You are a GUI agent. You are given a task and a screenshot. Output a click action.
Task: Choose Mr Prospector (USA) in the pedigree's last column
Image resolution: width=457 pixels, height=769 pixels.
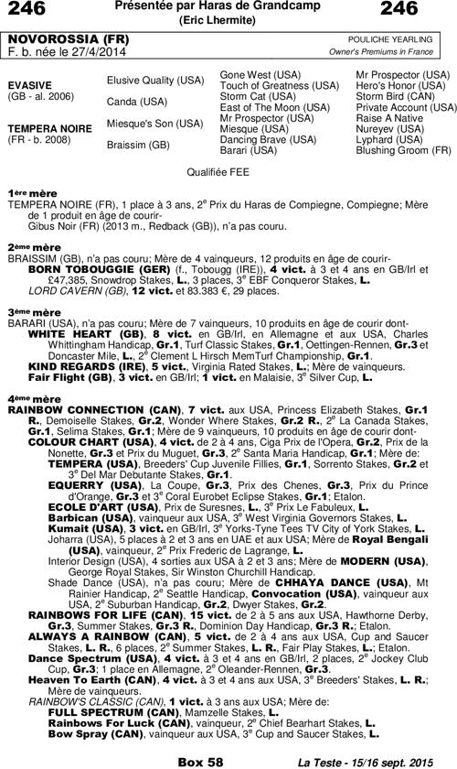click(403, 73)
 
